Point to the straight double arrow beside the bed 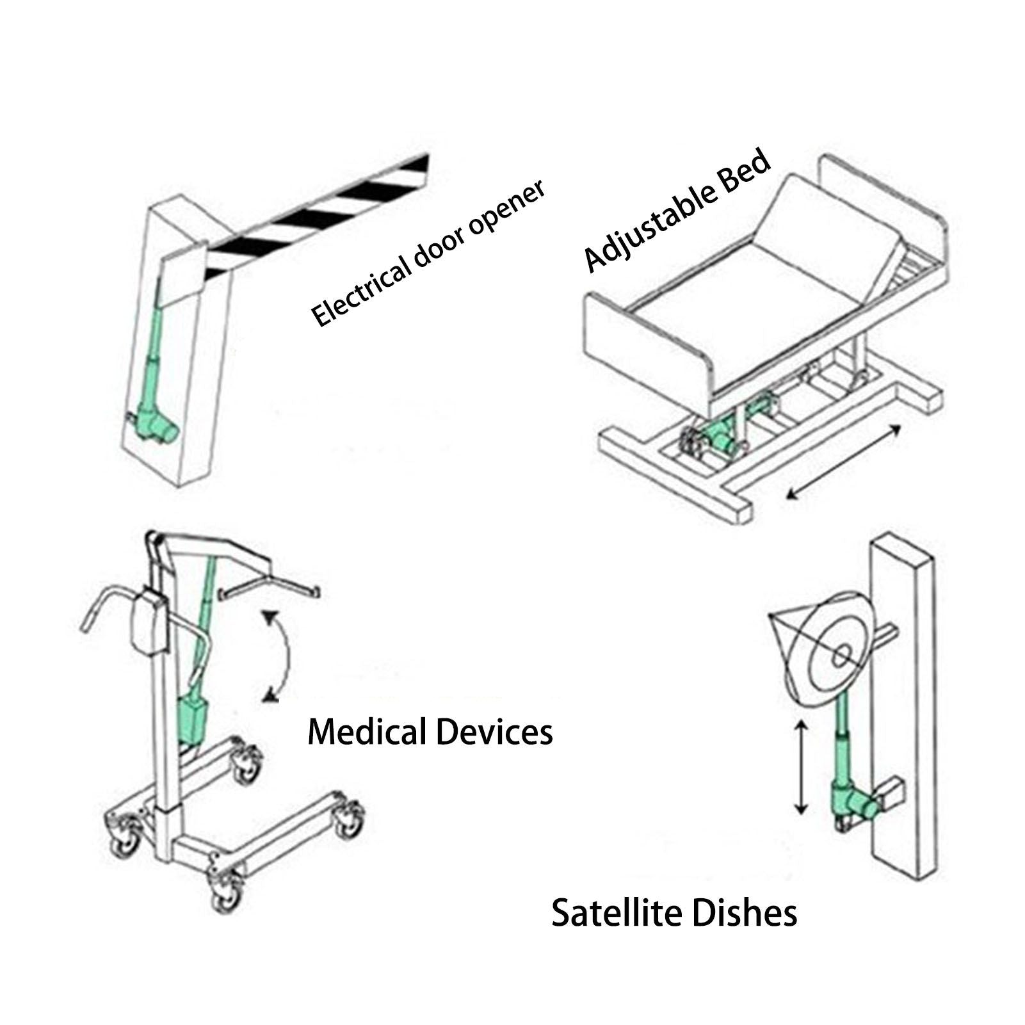(x=843, y=460)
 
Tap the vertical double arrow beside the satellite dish (x=800, y=766)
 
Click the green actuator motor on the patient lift (x=195, y=717)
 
